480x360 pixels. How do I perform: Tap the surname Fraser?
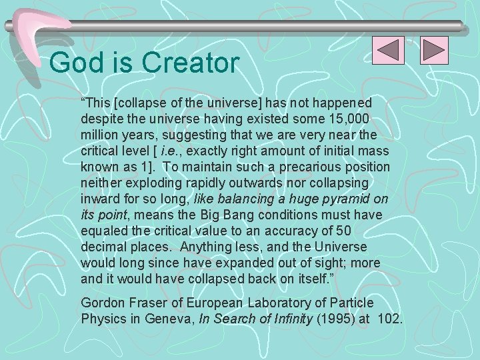(x=145, y=303)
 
